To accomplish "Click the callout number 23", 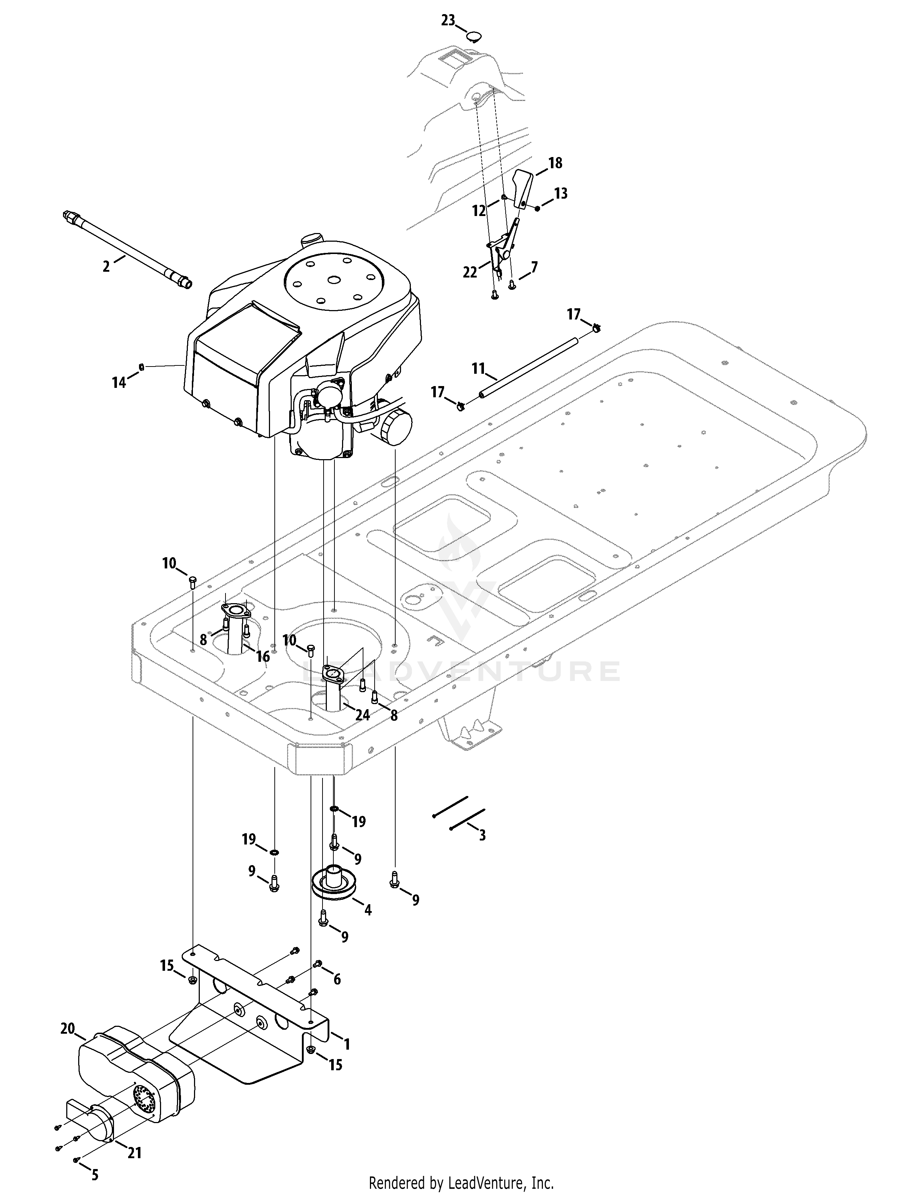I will pos(448,21).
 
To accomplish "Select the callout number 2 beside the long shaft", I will pos(106,266).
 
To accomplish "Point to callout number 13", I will pos(561,194).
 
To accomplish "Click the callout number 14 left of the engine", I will pos(119,383).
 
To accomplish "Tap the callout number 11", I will pos(479,369).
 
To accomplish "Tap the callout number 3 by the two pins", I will pos(482,835).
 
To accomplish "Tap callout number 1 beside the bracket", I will pos(346,1044).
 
